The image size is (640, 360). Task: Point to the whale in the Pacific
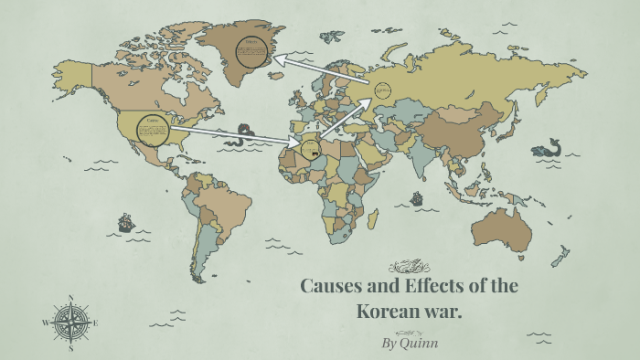click(x=548, y=147)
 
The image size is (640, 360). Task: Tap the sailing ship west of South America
click(x=124, y=222)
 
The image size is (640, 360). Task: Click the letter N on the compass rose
click(x=70, y=298)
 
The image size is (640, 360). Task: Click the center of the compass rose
click(x=70, y=323)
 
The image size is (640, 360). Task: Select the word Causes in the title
click(x=335, y=286)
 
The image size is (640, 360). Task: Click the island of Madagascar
click(x=373, y=218)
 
